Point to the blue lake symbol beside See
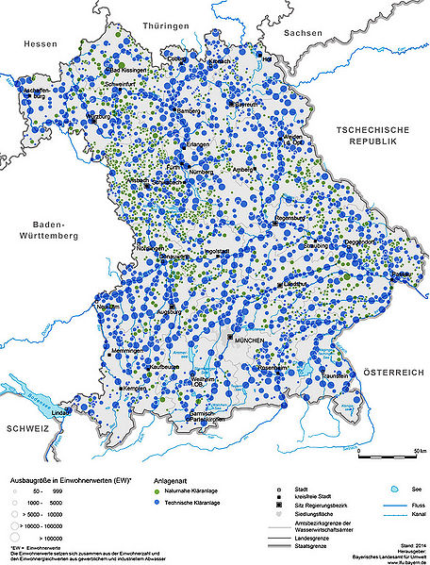tap(371, 490)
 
